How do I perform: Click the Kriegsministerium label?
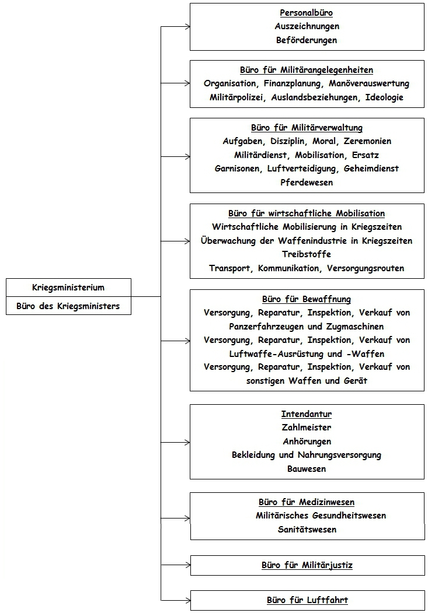point(68,287)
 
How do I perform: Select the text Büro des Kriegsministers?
point(68,306)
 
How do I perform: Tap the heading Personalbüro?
point(307,12)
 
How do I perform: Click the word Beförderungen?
point(307,40)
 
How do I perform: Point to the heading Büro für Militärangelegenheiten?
point(307,70)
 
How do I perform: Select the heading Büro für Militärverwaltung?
point(307,128)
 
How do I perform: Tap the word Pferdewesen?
point(307,183)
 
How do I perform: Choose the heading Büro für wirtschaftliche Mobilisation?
point(307,213)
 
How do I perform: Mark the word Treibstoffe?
point(307,254)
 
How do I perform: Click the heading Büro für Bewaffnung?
point(307,299)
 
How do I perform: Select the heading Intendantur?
point(307,414)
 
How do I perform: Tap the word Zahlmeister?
point(307,428)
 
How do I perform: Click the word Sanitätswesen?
point(307,530)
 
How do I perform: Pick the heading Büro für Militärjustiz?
point(307,565)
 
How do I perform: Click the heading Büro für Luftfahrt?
point(307,600)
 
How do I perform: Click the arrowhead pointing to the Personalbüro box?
point(187,26)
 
